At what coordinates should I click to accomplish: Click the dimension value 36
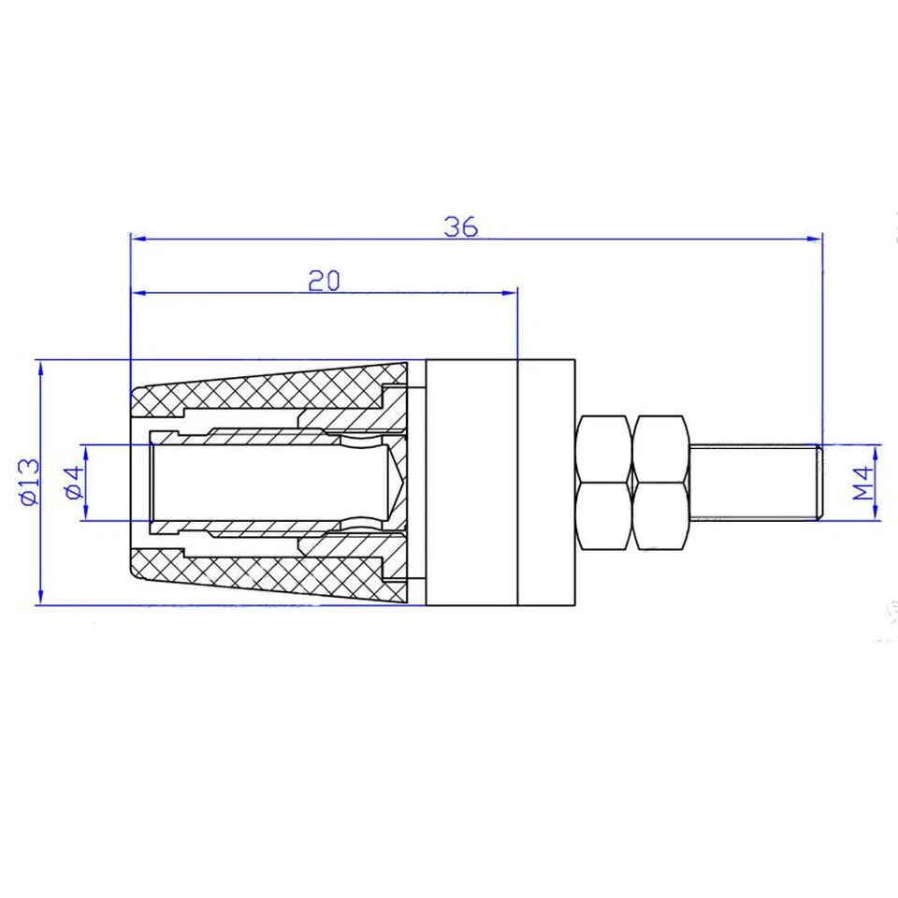coord(461,226)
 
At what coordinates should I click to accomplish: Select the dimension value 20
coord(324,281)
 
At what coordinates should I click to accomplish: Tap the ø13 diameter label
coord(27,482)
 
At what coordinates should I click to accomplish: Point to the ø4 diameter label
coord(74,482)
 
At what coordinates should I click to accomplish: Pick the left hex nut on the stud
coord(604,482)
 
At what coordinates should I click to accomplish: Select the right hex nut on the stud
coord(662,482)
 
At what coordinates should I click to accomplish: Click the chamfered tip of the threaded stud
coord(818,482)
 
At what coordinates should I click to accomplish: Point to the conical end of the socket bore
coord(397,482)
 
